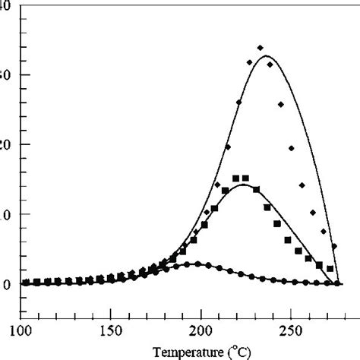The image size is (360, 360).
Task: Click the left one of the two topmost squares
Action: pyautogui.click(x=235, y=178)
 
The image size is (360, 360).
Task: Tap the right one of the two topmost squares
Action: pyautogui.click(x=245, y=178)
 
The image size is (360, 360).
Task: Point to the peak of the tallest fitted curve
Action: pyautogui.click(x=267, y=56)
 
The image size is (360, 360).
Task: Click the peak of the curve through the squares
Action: pyautogui.click(x=242, y=185)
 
